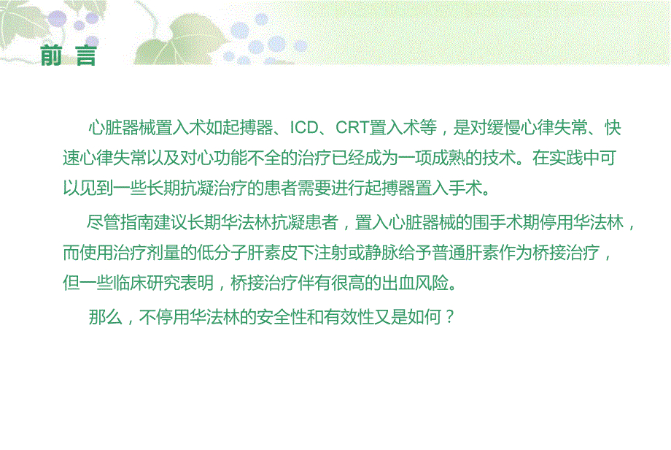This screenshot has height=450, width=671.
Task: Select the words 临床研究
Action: (x=151, y=283)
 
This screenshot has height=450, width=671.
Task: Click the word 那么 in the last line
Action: (x=104, y=318)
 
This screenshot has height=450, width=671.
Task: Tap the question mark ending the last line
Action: (x=450, y=318)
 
